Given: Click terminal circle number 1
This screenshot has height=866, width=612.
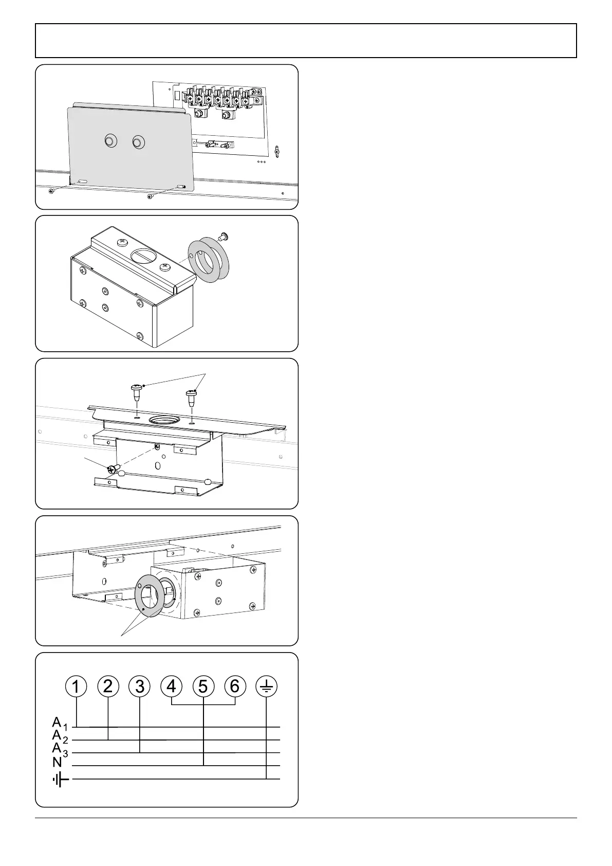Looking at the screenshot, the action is point(76,686).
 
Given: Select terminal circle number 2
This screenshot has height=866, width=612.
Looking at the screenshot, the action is point(108,686).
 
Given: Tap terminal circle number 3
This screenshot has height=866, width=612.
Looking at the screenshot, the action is point(140,686).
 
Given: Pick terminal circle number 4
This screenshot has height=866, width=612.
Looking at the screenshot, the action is point(172,686).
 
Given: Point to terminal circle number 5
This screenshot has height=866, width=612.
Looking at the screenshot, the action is point(203,686).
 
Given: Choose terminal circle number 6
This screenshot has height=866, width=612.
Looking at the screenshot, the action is point(235,686).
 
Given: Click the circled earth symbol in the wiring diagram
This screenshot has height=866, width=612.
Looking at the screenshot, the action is point(267,686).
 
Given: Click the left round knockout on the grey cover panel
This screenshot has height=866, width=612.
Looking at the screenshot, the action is point(111,141).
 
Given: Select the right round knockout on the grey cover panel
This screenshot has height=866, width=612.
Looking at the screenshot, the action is point(138,142).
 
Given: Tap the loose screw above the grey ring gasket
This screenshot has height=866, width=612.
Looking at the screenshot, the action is point(223,235).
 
